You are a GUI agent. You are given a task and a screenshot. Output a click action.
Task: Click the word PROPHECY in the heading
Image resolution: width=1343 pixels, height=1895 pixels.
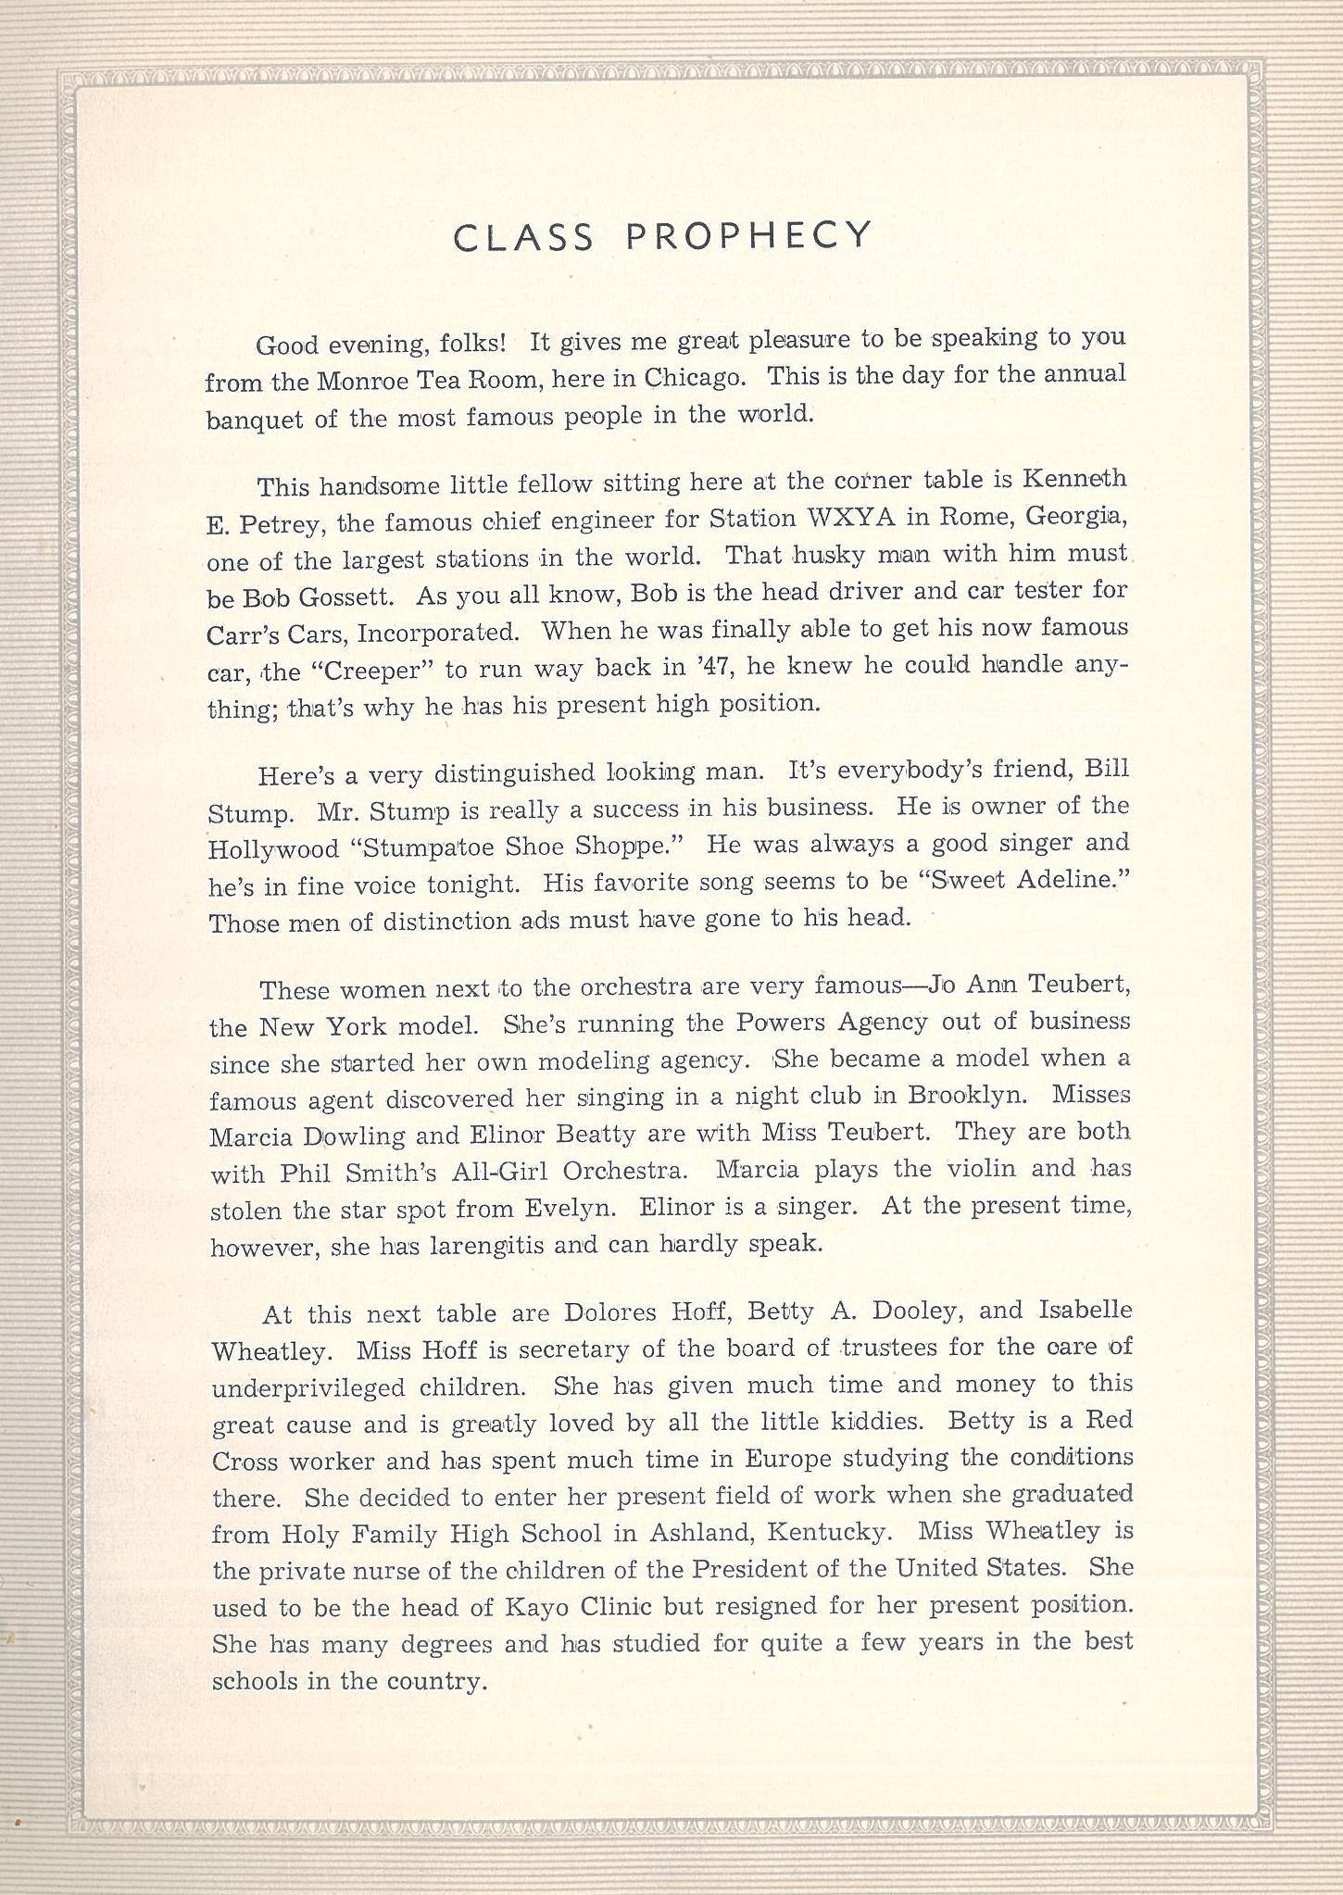[748, 237]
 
